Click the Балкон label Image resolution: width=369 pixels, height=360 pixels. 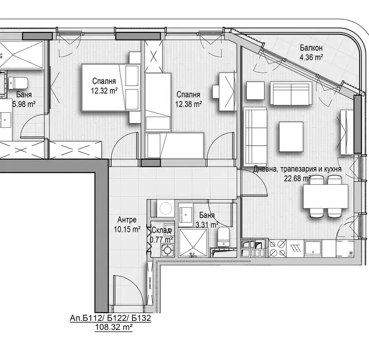[311, 48]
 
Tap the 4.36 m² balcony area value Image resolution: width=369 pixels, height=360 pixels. [311, 57]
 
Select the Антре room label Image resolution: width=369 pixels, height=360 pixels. [127, 220]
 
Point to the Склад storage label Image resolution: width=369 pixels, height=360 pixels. [162, 230]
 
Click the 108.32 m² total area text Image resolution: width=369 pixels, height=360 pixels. [114, 327]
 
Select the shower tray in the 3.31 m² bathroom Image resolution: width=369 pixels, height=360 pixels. [193, 243]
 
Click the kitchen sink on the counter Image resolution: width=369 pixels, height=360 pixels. [313, 249]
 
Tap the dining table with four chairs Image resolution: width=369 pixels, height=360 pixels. [325, 196]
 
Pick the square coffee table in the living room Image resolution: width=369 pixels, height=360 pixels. [291, 137]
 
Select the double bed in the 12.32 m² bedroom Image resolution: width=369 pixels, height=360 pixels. [110, 87]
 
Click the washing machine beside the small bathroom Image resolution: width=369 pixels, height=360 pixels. [166, 208]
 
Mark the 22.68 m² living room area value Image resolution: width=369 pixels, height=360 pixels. [298, 178]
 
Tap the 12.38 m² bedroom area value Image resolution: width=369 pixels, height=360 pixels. [188, 104]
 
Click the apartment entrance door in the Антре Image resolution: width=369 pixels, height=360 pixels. [128, 291]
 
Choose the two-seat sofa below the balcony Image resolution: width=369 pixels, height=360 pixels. [291, 93]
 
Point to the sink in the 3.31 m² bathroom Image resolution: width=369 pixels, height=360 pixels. [186, 215]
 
